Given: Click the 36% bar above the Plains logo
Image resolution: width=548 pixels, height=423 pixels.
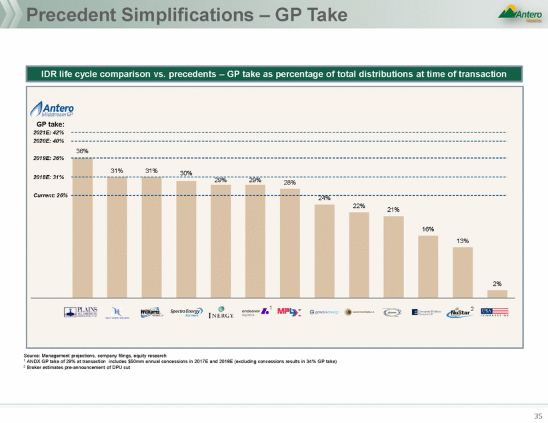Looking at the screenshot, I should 82,226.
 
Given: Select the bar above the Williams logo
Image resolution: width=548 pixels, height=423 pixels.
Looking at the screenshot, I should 151,236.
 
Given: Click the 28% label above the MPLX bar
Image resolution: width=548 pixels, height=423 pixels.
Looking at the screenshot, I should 290,183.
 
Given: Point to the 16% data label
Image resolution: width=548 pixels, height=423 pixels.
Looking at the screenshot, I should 428,229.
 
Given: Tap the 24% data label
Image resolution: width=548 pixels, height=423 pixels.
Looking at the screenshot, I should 325,198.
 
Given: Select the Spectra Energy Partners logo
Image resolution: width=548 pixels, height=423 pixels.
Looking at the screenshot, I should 186,312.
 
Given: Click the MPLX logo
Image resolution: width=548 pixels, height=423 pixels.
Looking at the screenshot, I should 290,312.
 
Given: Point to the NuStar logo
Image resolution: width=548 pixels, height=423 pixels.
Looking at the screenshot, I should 461,312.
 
